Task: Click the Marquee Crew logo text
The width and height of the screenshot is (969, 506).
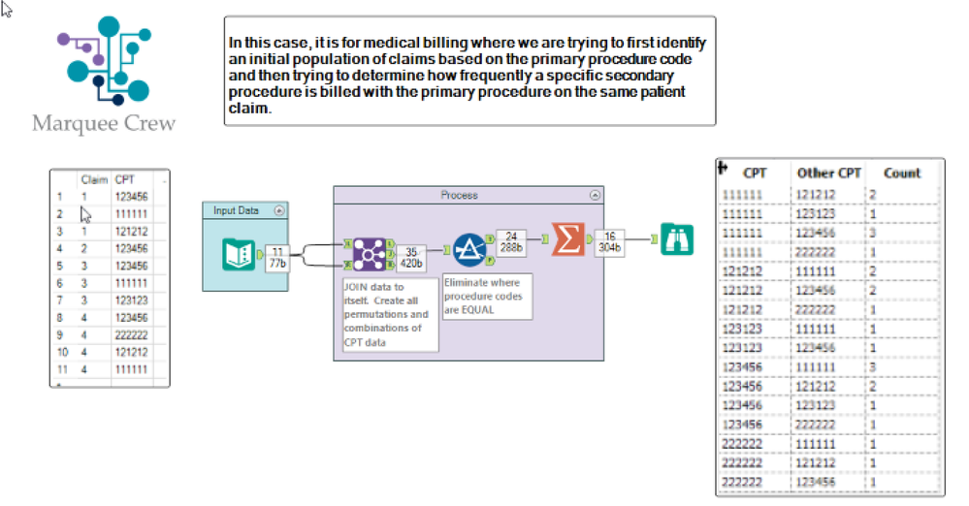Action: pos(104,124)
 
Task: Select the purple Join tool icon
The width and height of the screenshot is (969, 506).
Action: pos(369,254)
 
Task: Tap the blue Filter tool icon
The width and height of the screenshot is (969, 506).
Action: pos(469,251)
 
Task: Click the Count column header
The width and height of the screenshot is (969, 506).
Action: pos(901,173)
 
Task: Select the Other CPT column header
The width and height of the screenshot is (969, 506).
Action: pos(828,173)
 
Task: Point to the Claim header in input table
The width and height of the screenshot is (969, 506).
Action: pos(94,179)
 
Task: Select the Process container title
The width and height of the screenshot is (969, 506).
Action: pos(459,195)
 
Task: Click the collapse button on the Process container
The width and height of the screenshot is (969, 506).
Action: pos(594,195)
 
